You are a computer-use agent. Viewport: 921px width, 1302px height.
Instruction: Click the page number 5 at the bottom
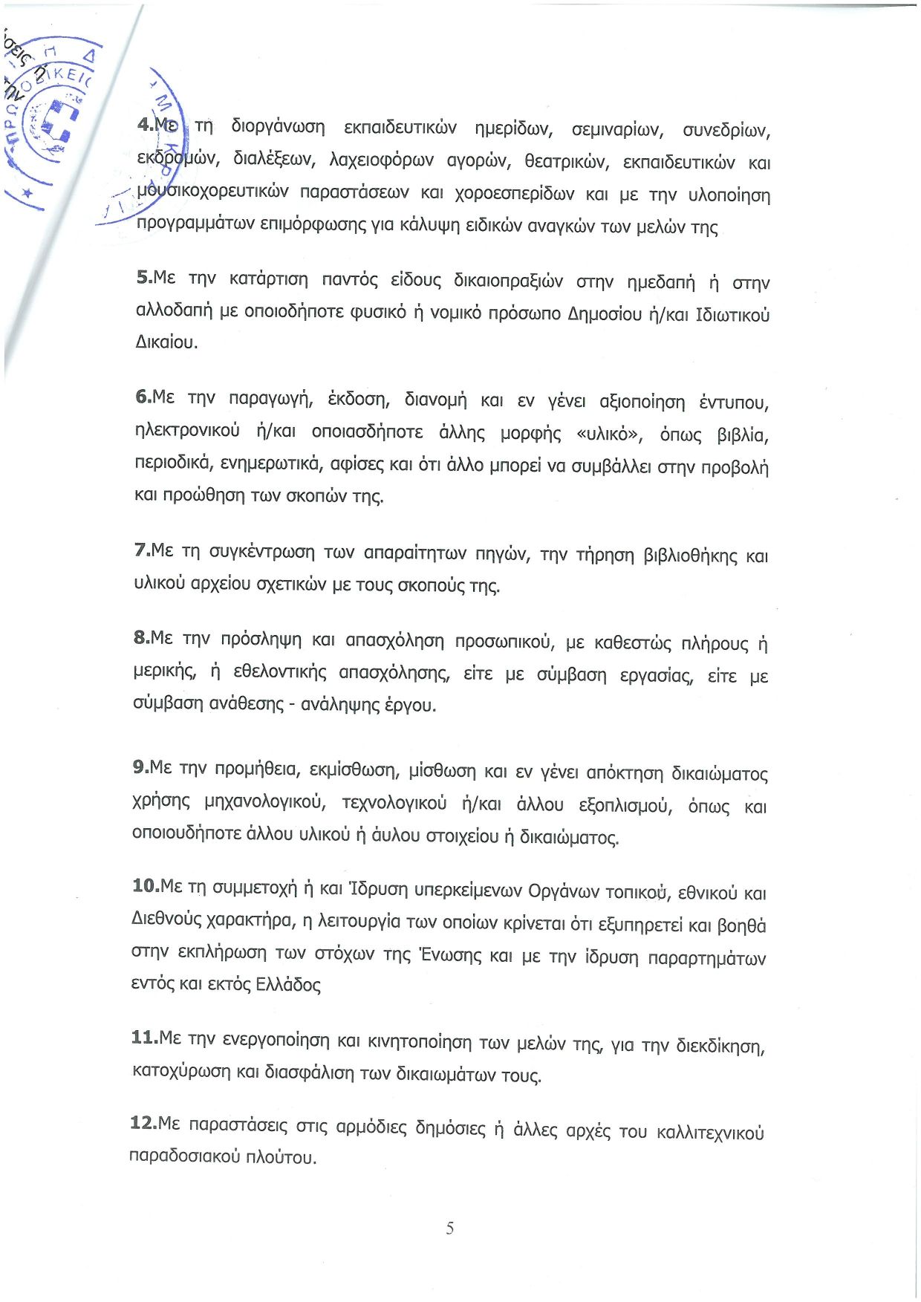point(449,1228)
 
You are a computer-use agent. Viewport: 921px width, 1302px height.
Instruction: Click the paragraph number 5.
point(143,277)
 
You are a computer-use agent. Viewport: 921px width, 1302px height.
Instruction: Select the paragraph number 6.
point(143,397)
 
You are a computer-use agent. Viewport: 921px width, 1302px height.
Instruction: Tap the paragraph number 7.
point(141,550)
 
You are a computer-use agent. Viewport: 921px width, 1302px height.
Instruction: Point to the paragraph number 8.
point(141,637)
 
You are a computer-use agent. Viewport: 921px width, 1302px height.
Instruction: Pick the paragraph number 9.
point(140,766)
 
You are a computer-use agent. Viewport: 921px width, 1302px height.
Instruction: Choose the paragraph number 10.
point(145,885)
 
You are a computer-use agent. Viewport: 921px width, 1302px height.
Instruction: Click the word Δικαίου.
point(166,342)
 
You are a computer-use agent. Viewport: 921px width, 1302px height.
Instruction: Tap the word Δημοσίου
point(604,315)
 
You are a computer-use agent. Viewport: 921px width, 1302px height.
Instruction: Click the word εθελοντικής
point(279,673)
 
